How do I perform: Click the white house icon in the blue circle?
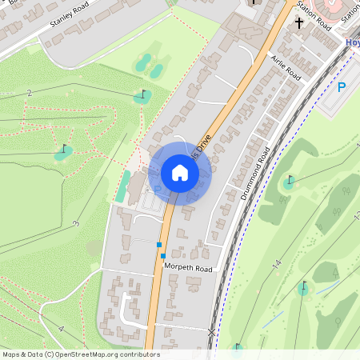point(180,172)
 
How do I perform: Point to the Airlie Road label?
point(286,70)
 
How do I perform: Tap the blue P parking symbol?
point(342,87)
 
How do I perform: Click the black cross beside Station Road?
point(299,22)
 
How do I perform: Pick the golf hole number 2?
point(30,94)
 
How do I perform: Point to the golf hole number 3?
point(75,223)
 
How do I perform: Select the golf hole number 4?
point(61,329)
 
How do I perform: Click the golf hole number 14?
point(276,263)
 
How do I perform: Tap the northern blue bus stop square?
point(159,244)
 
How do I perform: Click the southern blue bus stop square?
point(163,256)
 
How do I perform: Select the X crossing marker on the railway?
point(212,331)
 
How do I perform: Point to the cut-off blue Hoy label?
point(352,42)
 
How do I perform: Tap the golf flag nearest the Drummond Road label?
point(289,181)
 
